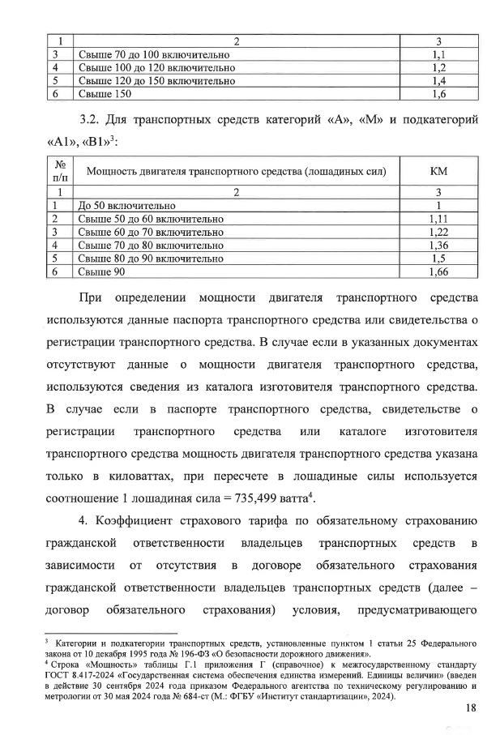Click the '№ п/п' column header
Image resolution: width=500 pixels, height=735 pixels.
point(59,172)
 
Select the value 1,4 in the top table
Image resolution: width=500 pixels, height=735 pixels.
point(438,81)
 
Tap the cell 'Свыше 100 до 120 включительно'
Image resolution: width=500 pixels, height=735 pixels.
point(156,68)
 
